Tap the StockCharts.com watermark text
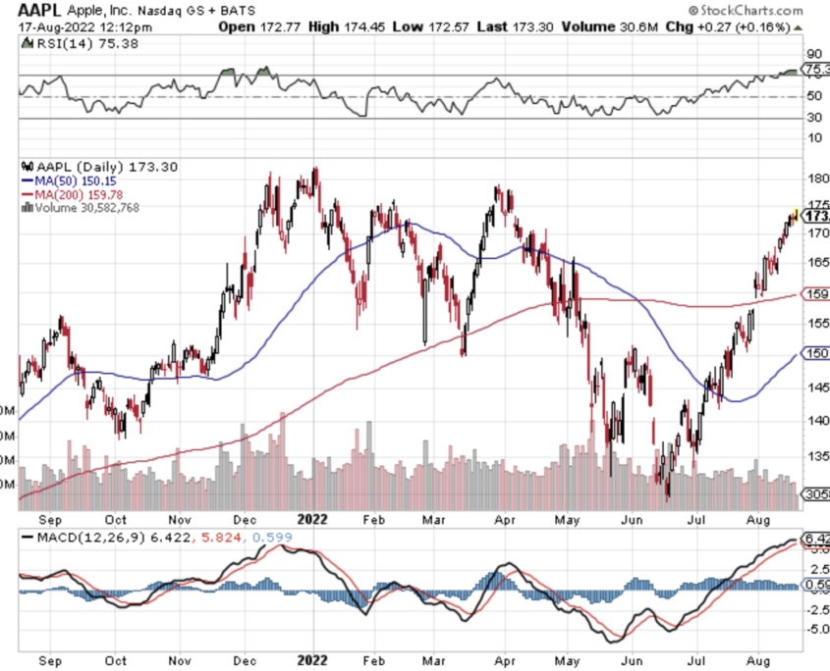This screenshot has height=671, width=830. (757, 9)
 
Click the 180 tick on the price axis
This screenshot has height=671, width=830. (816, 179)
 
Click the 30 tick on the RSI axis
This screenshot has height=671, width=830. (814, 118)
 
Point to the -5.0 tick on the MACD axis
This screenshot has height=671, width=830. (816, 629)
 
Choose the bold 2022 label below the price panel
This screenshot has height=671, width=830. (313, 518)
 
